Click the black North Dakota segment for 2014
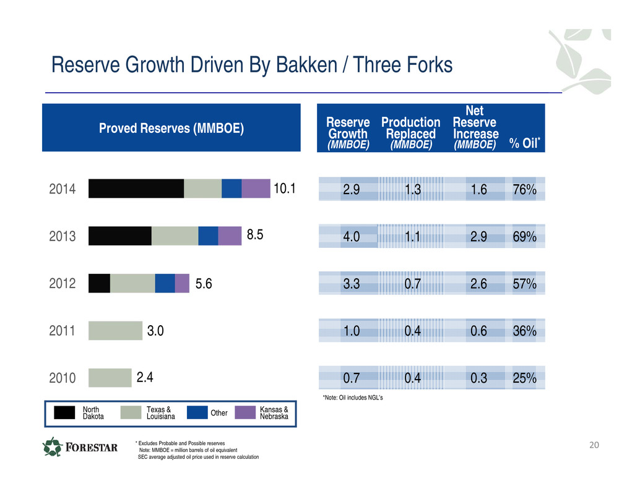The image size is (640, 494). [x=136, y=189]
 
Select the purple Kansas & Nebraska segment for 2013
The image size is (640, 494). [x=230, y=236]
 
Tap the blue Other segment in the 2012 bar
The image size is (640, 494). [x=165, y=283]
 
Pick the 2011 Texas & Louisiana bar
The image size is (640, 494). [x=116, y=331]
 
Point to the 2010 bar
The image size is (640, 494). [x=110, y=378]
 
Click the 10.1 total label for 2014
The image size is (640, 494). [x=285, y=189]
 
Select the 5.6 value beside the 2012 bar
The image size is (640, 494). [x=204, y=283]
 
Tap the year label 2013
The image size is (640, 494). [x=62, y=236]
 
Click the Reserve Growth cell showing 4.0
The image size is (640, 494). [x=352, y=236]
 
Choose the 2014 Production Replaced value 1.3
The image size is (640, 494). [x=413, y=190]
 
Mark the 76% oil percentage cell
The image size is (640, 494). [x=524, y=190]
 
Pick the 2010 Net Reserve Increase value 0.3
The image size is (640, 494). [x=478, y=378]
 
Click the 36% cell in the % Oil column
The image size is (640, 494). [x=524, y=331]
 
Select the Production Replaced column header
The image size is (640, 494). [x=410, y=133]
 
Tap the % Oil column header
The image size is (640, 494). [x=524, y=143]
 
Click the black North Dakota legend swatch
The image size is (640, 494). [x=64, y=412]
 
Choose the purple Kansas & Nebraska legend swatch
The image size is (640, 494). [x=245, y=412]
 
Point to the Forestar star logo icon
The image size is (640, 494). [x=53, y=447]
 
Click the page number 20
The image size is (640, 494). [x=594, y=445]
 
